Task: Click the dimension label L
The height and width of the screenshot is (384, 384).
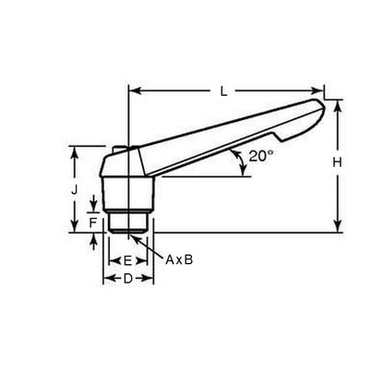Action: tap(225, 90)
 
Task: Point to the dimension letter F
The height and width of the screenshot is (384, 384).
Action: tap(92, 223)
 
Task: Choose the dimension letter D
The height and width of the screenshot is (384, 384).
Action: tap(128, 278)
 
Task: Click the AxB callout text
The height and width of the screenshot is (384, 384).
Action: tap(179, 260)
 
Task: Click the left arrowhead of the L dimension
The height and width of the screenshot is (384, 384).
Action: tap(132, 90)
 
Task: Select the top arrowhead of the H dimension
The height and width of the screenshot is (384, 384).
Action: tap(338, 103)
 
